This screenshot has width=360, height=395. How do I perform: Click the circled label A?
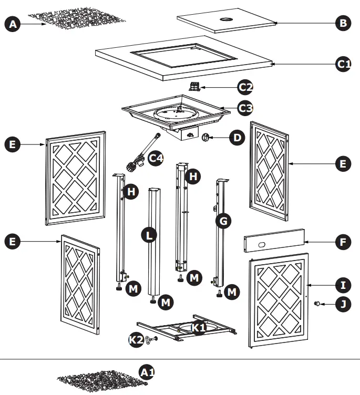(12, 24)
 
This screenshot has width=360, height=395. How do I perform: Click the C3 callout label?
(245, 108)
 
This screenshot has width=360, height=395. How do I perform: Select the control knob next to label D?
(206, 138)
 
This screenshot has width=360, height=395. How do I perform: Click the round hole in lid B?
(227, 20)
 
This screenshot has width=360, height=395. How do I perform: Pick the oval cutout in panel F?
(261, 243)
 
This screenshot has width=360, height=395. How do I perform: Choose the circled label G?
(223, 222)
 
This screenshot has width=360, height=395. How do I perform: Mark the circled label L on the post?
(150, 236)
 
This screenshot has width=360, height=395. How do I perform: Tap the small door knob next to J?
(318, 304)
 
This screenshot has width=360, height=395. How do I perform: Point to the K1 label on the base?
(198, 328)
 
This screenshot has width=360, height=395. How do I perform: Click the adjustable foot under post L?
(153, 300)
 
